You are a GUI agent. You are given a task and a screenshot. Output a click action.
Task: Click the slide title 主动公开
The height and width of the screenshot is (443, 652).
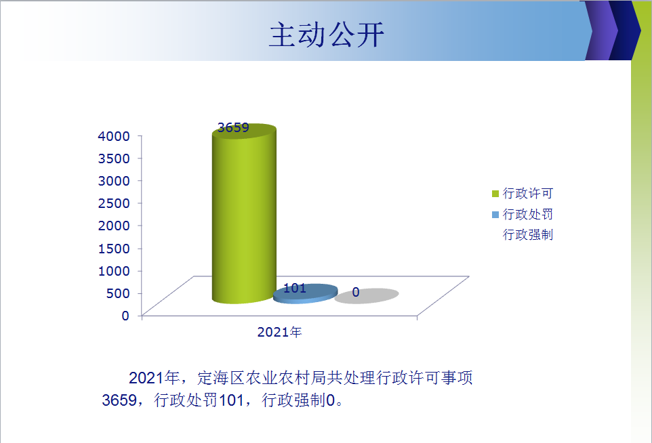pos(327,35)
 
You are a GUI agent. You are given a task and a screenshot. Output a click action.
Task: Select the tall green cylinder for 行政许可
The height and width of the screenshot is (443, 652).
pos(244,213)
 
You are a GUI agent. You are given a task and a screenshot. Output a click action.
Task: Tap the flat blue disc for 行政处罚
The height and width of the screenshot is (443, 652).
pos(305,294)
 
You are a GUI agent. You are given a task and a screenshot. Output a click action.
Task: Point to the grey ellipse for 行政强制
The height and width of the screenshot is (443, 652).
pos(367,296)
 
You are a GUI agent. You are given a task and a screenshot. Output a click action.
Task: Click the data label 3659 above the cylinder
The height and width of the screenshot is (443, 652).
pos(233,127)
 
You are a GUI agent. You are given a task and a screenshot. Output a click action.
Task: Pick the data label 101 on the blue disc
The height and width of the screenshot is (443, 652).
pos(295,288)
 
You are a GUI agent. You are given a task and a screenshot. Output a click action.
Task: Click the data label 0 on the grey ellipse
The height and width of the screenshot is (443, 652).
pos(356,292)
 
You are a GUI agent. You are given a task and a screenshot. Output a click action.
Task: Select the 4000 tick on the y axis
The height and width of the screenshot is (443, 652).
pos(114,136)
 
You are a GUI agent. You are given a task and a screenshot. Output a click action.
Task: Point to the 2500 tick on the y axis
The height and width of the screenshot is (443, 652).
pos(114,203)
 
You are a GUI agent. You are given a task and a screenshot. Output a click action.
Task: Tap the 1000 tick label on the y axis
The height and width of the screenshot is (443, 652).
pos(114,271)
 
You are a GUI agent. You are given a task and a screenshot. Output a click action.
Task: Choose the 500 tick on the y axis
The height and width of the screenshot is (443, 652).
pos(118,293)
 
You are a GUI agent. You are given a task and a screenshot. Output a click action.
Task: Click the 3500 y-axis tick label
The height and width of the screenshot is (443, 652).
pos(114,159)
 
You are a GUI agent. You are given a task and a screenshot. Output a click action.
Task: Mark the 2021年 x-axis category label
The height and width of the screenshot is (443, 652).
pos(279,332)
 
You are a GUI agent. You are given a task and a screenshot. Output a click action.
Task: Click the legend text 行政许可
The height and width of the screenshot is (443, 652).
pos(528,193)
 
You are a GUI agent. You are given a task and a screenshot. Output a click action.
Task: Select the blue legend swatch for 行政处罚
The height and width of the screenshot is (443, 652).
pos(495,215)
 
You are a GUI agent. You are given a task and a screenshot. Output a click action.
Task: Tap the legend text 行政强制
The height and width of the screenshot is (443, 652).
pos(528,235)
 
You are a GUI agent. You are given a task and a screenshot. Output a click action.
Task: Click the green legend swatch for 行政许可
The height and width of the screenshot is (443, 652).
pos(495,194)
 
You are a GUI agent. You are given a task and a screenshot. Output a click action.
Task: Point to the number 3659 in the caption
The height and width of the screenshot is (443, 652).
pos(119,400)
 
